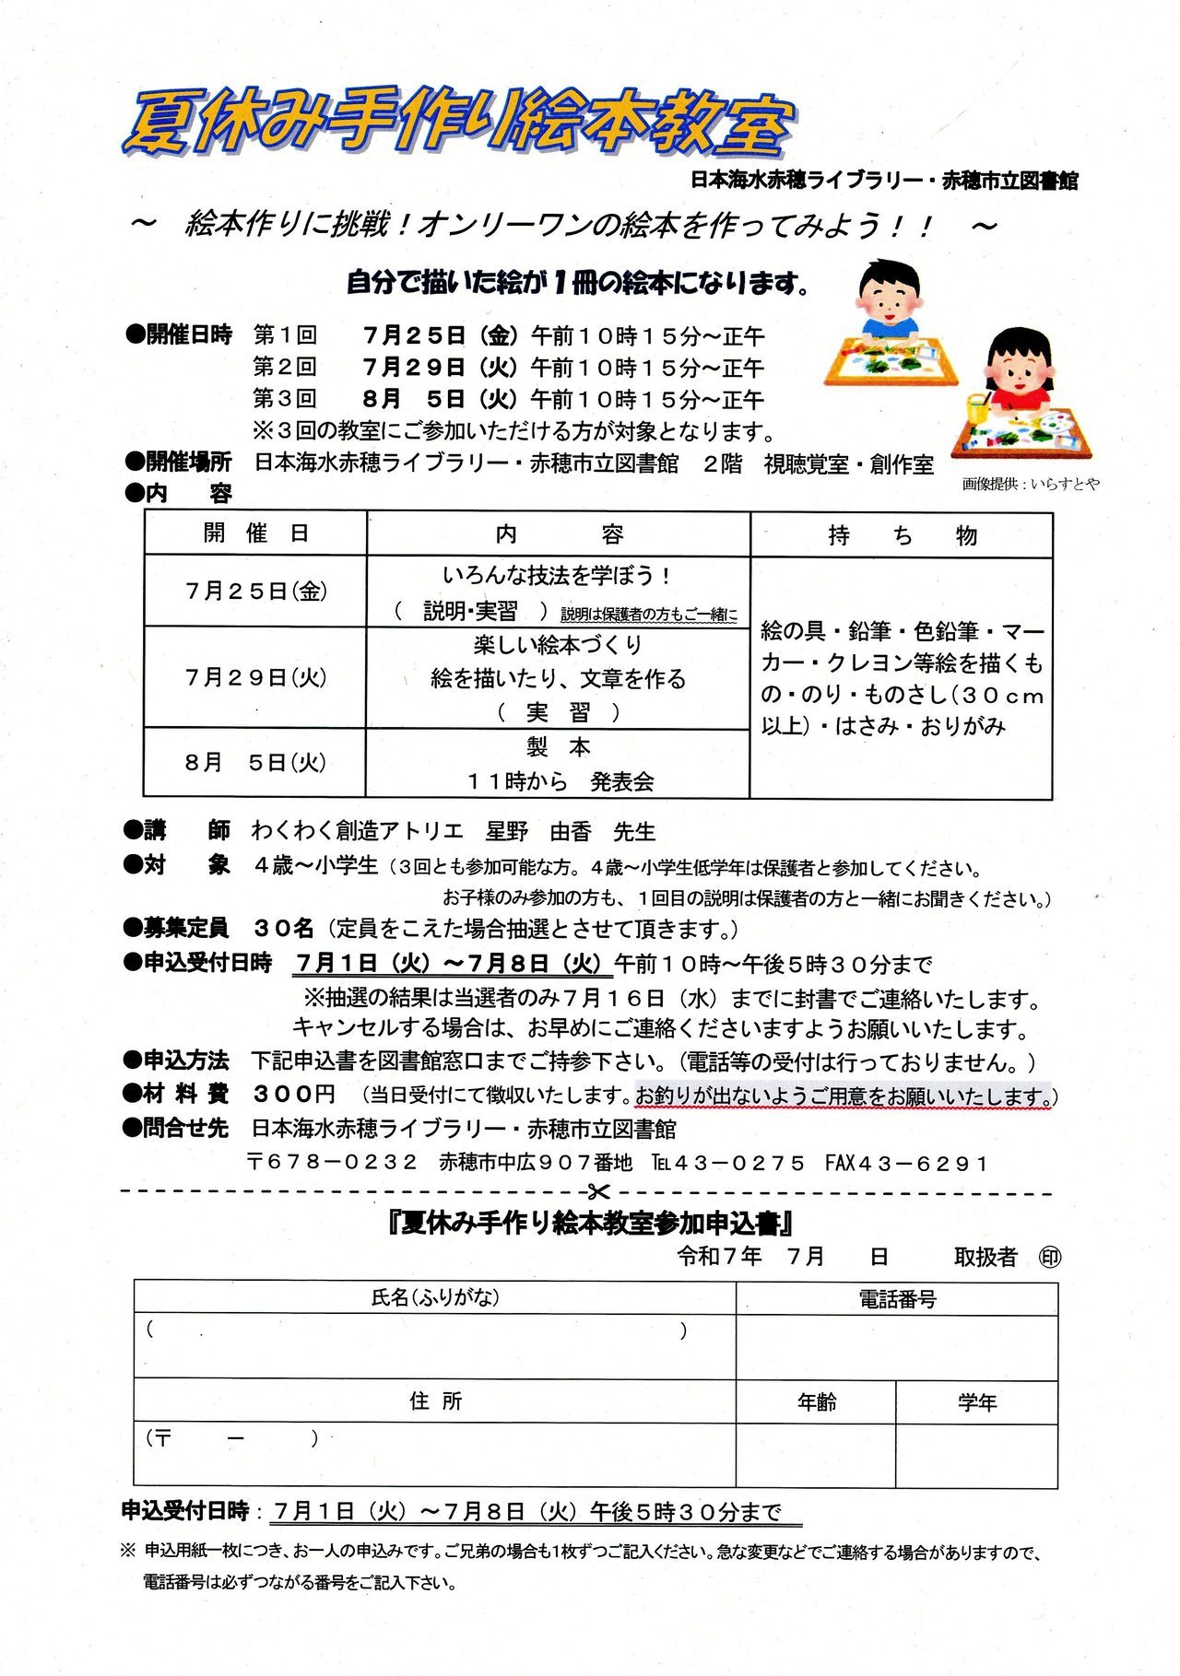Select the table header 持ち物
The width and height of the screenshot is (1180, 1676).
902,535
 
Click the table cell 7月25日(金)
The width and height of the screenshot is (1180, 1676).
255,591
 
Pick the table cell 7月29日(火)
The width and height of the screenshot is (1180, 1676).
255,677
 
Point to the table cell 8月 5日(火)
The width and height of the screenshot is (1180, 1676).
255,762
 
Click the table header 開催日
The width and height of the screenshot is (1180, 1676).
255,533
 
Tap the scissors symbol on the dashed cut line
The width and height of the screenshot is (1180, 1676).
598,1193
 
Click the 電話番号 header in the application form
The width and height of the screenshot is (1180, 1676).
897,1299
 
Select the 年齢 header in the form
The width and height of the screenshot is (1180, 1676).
816,1402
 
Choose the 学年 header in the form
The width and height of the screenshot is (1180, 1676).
976,1402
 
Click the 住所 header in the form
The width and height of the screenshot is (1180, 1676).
435,1401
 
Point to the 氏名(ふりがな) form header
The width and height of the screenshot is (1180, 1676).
435,1297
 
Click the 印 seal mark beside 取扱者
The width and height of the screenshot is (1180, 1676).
1049,1257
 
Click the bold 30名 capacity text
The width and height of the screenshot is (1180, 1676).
284,929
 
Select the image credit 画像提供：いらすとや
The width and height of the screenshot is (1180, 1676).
1030,484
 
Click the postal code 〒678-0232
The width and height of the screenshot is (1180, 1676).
333,1163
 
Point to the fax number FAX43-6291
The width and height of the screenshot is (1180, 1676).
905,1163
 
